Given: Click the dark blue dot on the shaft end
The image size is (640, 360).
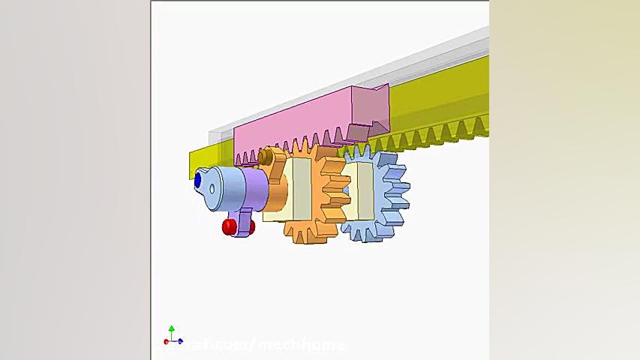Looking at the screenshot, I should [198, 180].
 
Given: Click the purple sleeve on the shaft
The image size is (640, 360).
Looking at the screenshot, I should [255, 190].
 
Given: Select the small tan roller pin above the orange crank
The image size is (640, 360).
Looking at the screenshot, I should [265, 156].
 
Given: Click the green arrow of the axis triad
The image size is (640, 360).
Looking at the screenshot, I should [172, 330].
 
